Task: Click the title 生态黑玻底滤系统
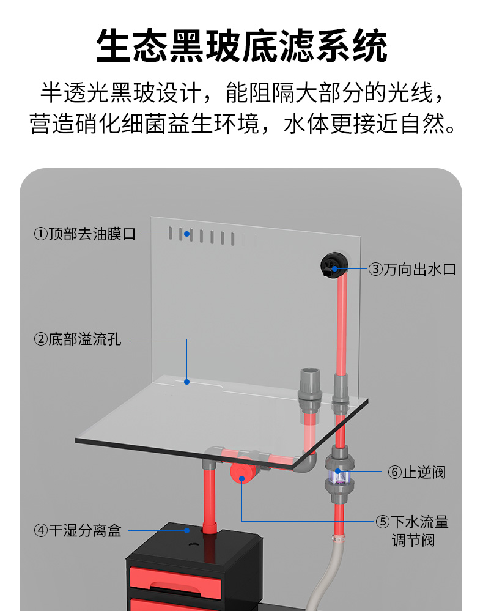(242, 47)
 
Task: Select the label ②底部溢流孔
(78, 339)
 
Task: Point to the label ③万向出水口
(412, 269)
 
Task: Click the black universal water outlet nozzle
(333, 266)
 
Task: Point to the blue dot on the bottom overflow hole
(187, 382)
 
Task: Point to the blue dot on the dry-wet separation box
(187, 530)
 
